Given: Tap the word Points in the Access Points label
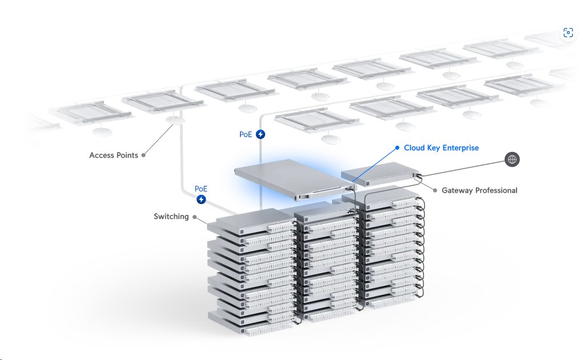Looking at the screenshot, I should tap(127, 155).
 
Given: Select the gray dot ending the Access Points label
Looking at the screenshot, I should tap(143, 155).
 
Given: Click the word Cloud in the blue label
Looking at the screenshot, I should tap(414, 148).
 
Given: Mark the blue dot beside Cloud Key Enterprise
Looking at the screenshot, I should tap(397, 147).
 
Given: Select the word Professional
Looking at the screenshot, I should tap(496, 190).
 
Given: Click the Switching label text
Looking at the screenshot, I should tap(171, 217).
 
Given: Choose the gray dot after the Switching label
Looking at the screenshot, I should tap(195, 217).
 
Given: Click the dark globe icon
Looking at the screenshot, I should tap(512, 159).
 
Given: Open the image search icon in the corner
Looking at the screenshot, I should tap(567, 33).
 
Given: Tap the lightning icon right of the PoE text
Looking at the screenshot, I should tap(261, 135).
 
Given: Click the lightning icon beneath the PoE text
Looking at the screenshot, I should tap(201, 199).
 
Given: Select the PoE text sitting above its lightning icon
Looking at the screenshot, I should tap(201, 189).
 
